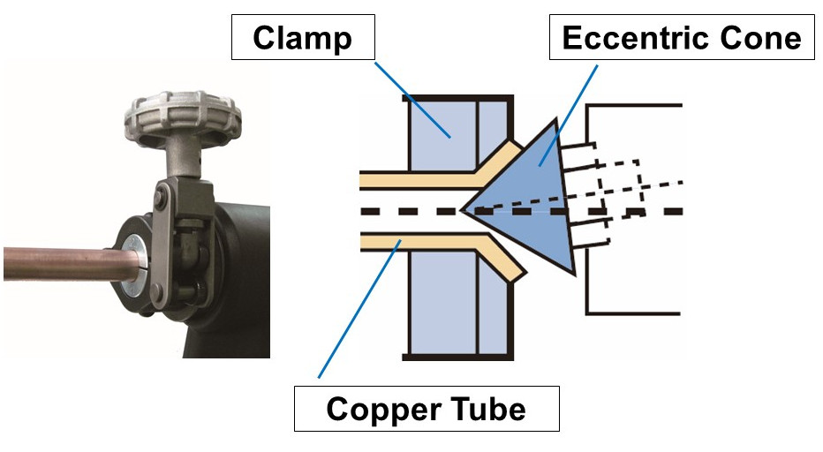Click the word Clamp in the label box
point(302,39)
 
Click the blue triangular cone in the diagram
point(530,207)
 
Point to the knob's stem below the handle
point(183,157)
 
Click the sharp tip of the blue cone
point(464,211)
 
